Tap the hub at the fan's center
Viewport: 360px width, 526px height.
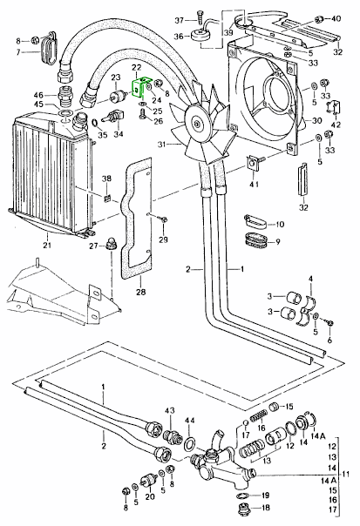[x=195, y=125]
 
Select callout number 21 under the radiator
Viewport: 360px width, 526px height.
[x=47, y=246]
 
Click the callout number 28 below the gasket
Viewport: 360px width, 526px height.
[x=140, y=292]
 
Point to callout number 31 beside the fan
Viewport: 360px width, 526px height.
[x=162, y=145]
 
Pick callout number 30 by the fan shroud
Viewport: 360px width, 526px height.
[x=316, y=120]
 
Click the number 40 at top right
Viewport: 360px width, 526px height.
[x=336, y=18]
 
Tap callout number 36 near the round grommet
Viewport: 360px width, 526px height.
[x=179, y=36]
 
